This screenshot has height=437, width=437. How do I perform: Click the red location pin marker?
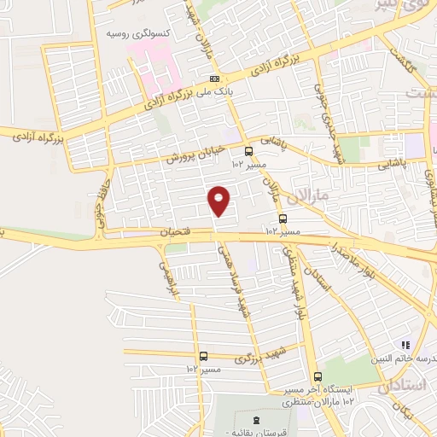coord(219,201)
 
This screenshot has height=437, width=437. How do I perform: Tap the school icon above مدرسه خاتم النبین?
coord(408,345)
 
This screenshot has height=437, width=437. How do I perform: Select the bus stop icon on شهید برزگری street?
coord(203,357)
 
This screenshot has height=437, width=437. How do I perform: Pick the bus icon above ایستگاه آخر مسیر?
coord(318,376)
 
